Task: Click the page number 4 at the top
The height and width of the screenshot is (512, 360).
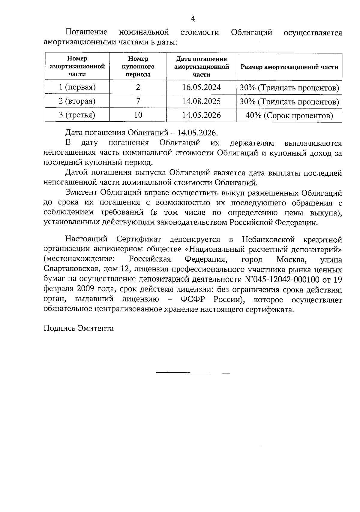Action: pos(193,19)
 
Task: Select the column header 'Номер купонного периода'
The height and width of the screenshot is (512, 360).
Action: pos(138,67)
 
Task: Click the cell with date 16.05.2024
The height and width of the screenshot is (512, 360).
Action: pos(201,87)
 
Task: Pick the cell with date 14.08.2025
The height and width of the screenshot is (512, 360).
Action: pos(201,101)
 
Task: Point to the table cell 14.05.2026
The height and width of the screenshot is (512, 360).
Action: pos(201,115)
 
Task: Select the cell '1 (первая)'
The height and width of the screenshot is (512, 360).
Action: pos(77,87)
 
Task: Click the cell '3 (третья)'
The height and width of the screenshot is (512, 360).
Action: pos(77,115)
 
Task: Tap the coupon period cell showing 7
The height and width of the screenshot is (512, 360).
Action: pos(138,101)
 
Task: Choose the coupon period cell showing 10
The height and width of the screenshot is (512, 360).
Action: pos(138,115)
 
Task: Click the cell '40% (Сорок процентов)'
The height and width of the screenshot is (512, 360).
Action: pos(289,116)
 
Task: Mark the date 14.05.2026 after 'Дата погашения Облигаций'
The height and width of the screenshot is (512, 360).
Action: pos(198,133)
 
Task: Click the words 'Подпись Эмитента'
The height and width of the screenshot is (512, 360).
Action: pos(79,328)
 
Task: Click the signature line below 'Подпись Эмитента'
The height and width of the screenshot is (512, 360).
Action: pos(193,373)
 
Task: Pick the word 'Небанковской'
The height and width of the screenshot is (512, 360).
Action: pos(268,239)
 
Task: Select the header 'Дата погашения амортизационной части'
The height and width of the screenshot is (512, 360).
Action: pos(201,67)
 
